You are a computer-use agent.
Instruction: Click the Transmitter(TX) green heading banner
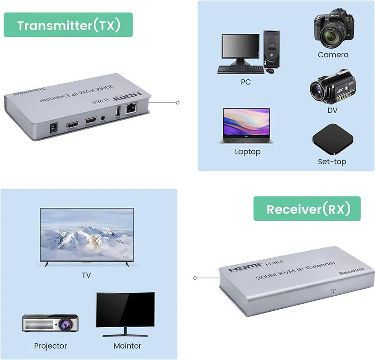[x=68, y=25]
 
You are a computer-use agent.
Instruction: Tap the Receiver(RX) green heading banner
[x=307, y=209]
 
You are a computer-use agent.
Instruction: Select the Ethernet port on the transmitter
[x=131, y=112]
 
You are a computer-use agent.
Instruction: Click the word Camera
[x=333, y=55]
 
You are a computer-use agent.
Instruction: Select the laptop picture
[x=244, y=126]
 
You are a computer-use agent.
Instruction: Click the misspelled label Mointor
[x=127, y=346]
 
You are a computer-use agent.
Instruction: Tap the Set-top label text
[x=332, y=162]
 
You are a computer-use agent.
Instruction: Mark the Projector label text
[x=50, y=346]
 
